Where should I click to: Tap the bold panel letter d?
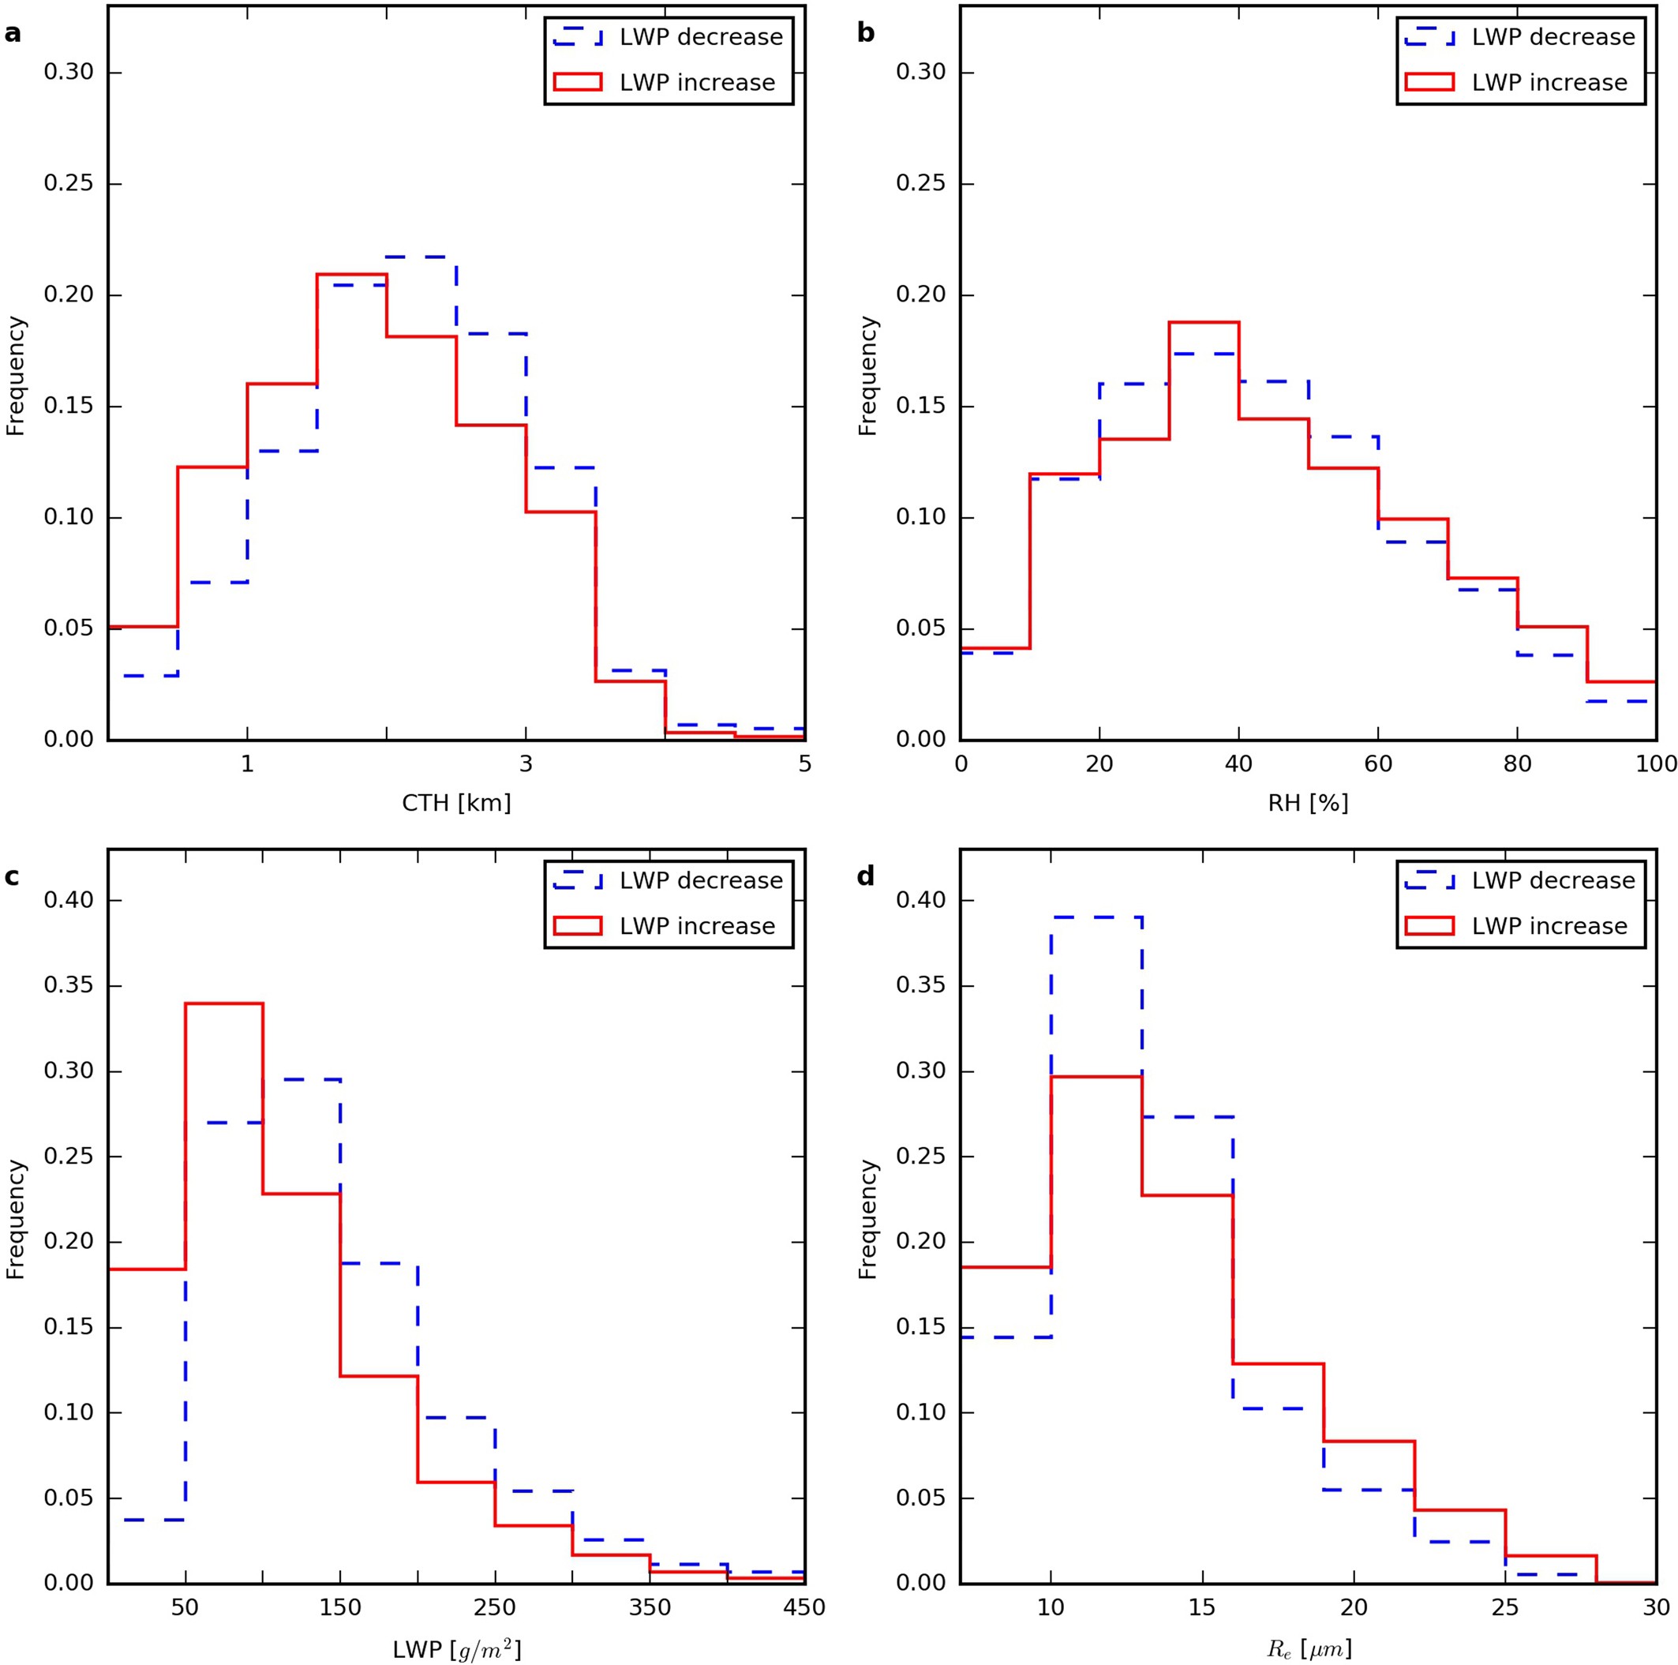pyautogui.click(x=866, y=876)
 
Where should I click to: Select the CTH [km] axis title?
pyautogui.click(x=456, y=803)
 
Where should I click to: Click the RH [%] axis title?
pyautogui.click(x=1308, y=803)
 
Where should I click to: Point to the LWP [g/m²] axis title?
pyautogui.click(x=457, y=1648)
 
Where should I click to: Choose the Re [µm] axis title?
pyautogui.click(x=1308, y=1648)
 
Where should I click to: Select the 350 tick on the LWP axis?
pyautogui.click(x=650, y=1607)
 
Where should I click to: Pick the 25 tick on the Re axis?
pyautogui.click(x=1505, y=1607)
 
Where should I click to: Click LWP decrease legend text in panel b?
pyautogui.click(x=1553, y=37)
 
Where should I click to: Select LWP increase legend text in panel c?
pyautogui.click(x=697, y=926)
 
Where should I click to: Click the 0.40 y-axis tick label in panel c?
pyautogui.click(x=68, y=901)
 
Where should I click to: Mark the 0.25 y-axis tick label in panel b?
pyautogui.click(x=920, y=184)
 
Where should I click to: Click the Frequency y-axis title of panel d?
pyautogui.click(x=867, y=1220)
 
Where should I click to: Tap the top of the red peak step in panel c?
pyautogui.click(x=223, y=1003)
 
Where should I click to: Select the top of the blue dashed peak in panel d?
pyautogui.click(x=1096, y=917)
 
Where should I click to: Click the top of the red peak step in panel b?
pyautogui.click(x=1203, y=322)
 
